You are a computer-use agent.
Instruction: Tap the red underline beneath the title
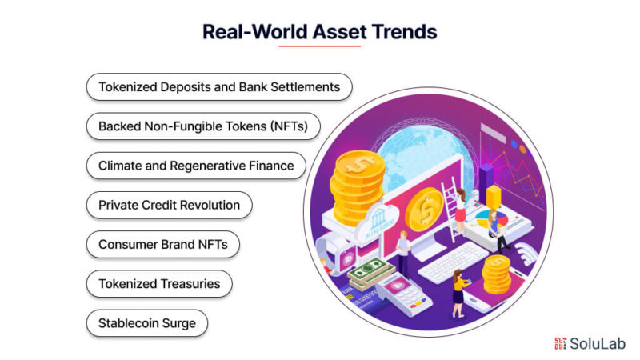(319, 46)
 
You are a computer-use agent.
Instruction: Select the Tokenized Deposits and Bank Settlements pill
(219, 87)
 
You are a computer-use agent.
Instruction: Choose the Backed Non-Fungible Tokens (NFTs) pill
(203, 126)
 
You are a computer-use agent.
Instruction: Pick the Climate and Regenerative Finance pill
(196, 166)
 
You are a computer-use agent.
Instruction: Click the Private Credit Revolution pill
(169, 205)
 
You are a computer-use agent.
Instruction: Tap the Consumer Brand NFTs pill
(163, 244)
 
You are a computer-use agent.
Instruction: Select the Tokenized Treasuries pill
(159, 284)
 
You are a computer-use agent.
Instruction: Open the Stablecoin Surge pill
(147, 323)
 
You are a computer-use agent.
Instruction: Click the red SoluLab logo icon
(561, 343)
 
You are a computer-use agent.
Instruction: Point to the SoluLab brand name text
(598, 343)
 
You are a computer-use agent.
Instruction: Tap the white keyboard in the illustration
(453, 262)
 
